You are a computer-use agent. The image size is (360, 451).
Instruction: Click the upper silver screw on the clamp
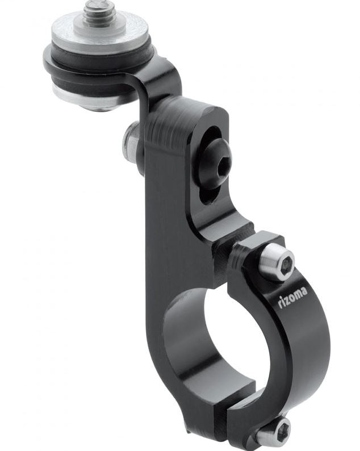click(x=277, y=262)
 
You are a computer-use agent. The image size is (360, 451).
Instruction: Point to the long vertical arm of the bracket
click(x=170, y=227)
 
